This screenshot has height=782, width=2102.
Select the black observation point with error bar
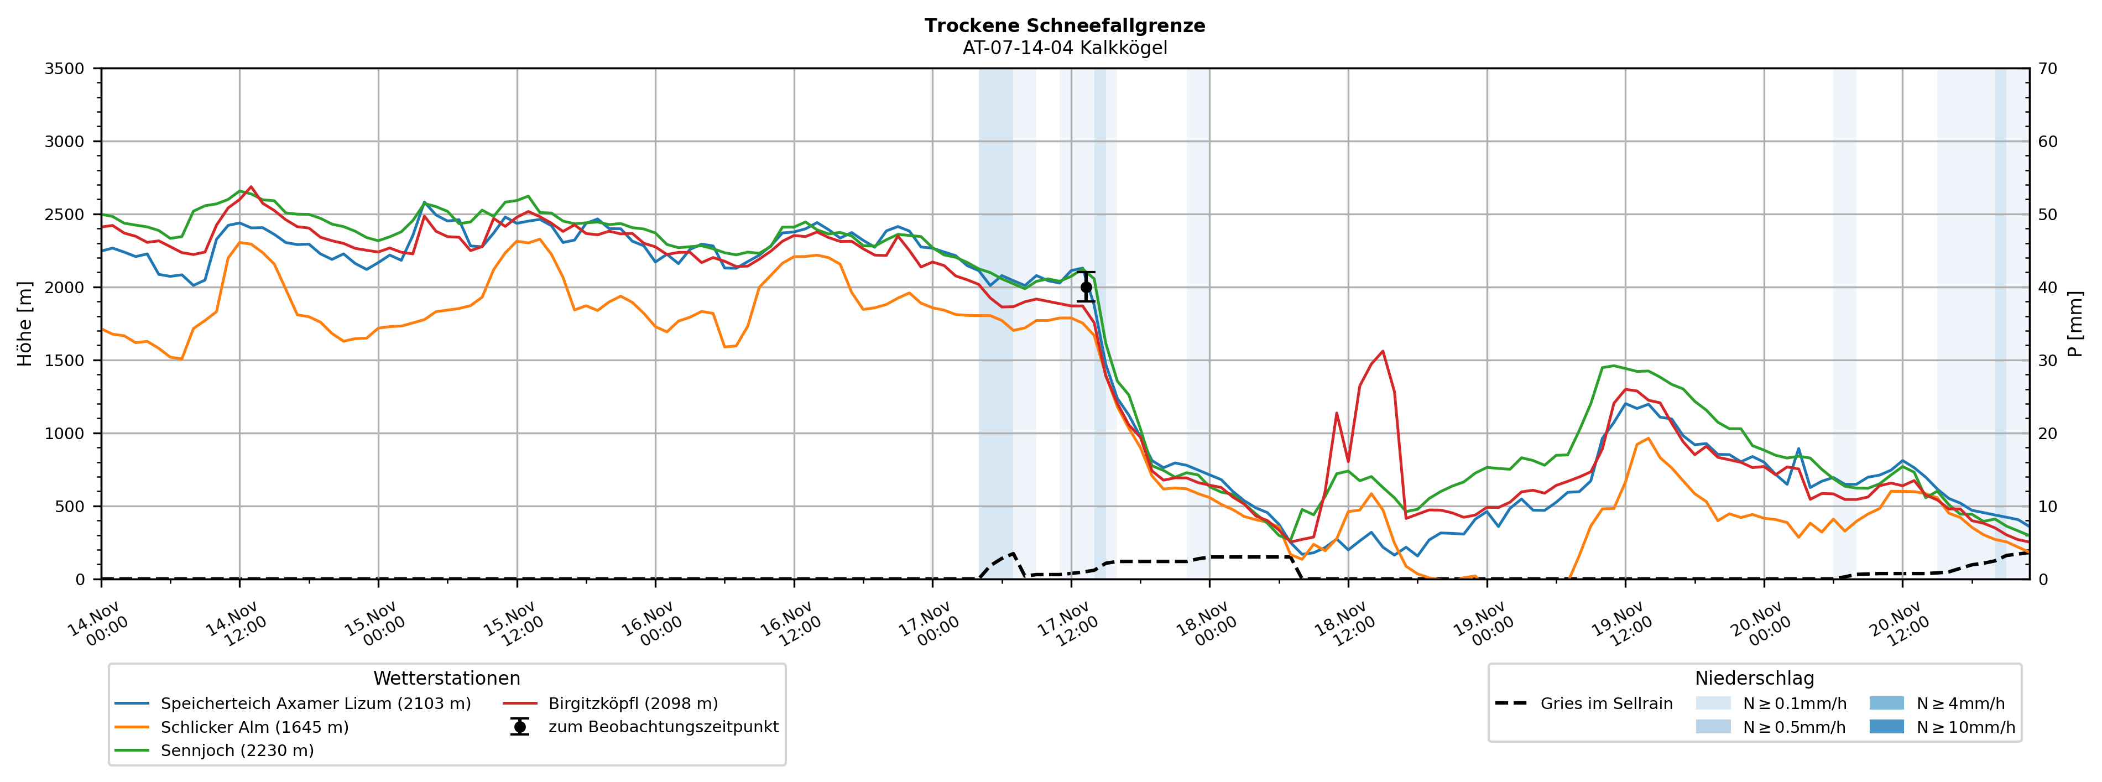[1085, 288]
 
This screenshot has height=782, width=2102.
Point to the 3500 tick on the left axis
[65, 69]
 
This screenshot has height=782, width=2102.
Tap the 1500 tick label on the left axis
[65, 361]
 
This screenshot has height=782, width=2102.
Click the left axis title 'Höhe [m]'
[24, 323]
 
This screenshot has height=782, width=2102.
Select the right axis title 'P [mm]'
[2075, 323]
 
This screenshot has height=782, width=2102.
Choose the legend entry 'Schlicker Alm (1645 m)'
[254, 727]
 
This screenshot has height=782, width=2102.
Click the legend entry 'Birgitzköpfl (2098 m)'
[633, 703]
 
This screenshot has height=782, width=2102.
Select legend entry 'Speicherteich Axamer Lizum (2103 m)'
[315, 703]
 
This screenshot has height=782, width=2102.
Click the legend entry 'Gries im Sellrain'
[1606, 703]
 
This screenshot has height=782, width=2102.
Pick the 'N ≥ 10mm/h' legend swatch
[1886, 727]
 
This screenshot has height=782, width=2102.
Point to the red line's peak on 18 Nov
[1383, 351]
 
